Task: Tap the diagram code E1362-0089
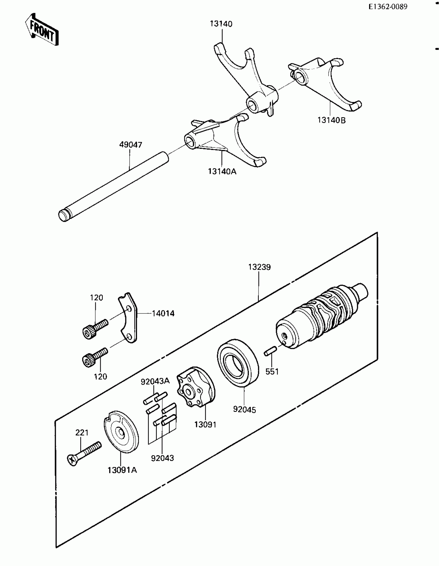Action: [x=388, y=7]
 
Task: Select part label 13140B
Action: [x=332, y=120]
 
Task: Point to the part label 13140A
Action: [x=222, y=171]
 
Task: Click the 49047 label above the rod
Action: [x=131, y=145]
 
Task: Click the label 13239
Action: [x=259, y=267]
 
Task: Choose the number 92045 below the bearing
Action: [x=244, y=410]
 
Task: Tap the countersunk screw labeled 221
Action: [x=84, y=453]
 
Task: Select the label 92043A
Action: [x=155, y=381]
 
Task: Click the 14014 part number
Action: [x=163, y=313]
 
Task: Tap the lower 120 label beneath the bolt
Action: [x=100, y=376]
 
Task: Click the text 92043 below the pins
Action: [x=162, y=458]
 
